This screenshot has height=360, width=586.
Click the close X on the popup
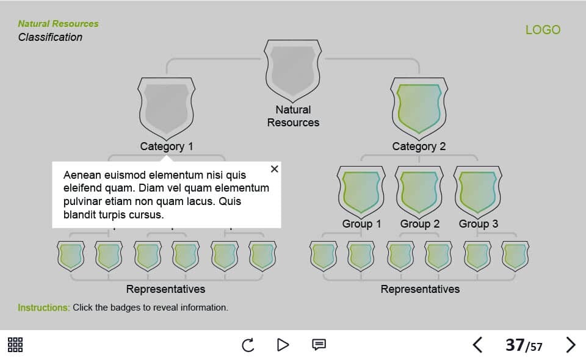tap(274, 169)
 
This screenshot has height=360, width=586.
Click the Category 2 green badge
tap(419, 108)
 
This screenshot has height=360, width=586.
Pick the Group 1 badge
tap(361, 191)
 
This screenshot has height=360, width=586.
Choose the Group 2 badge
tap(419, 191)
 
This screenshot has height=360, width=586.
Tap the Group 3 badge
tap(478, 191)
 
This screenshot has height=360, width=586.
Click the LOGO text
tap(543, 30)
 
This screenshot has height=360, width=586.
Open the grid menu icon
tap(15, 345)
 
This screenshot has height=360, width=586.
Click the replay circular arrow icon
tap(248, 345)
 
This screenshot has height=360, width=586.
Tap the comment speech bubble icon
tap(319, 345)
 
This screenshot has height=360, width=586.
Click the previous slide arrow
tap(477, 345)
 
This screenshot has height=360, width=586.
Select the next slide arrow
tap(571, 345)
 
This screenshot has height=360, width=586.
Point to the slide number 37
tap(515, 345)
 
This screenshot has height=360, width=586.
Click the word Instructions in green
tap(43, 308)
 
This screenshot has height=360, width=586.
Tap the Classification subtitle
tap(50, 37)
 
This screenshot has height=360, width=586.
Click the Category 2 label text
tap(419, 146)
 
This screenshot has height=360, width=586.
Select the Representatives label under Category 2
tap(420, 289)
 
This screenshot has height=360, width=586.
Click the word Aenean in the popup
tap(82, 175)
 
